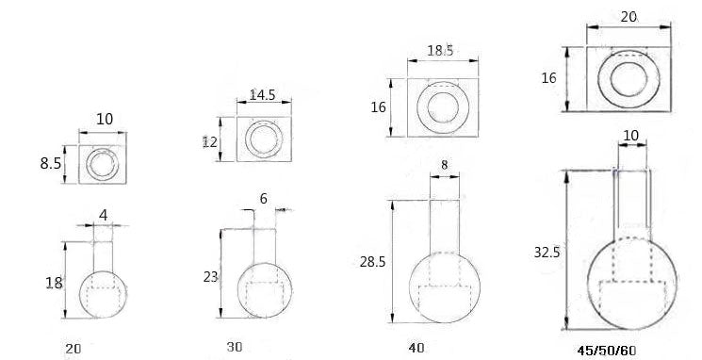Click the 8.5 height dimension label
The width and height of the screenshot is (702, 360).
click(50, 164)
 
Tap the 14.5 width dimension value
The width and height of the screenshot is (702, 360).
click(262, 95)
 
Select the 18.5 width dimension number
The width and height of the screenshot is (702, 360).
click(440, 50)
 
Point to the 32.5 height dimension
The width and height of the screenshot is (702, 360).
click(547, 253)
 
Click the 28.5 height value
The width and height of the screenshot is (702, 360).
click(372, 262)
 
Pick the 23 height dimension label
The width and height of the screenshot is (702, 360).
click(210, 277)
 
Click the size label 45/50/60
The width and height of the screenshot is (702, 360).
click(606, 351)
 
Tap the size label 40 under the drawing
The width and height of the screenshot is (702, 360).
click(416, 348)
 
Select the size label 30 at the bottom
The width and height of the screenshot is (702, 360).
click(234, 347)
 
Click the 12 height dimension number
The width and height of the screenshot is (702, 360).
click(209, 142)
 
